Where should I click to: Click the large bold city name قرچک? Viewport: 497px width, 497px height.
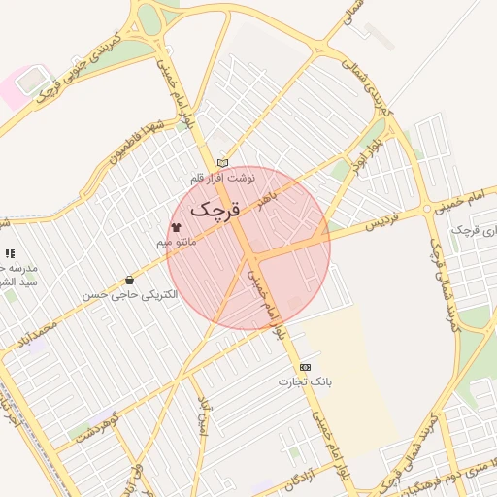pyautogui.click(x=214, y=208)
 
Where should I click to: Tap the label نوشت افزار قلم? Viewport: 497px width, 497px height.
pyautogui.click(x=223, y=179)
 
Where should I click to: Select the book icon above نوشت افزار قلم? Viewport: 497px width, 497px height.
pyautogui.click(x=223, y=163)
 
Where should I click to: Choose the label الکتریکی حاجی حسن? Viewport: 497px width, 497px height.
pyautogui.click(x=131, y=294)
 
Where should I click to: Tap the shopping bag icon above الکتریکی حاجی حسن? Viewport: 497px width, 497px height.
pyautogui.click(x=130, y=280)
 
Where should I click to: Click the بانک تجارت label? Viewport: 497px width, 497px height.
pyautogui.click(x=307, y=382)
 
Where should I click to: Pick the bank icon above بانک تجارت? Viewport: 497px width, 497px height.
pyautogui.click(x=306, y=367)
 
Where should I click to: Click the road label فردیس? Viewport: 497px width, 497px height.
pyautogui.click(x=383, y=222)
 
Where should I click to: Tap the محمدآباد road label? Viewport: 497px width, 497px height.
pyautogui.click(x=38, y=342)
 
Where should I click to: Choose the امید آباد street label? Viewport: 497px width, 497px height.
pyautogui.click(x=203, y=414)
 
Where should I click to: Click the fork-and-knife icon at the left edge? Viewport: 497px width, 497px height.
pyautogui.click(x=10, y=253)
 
